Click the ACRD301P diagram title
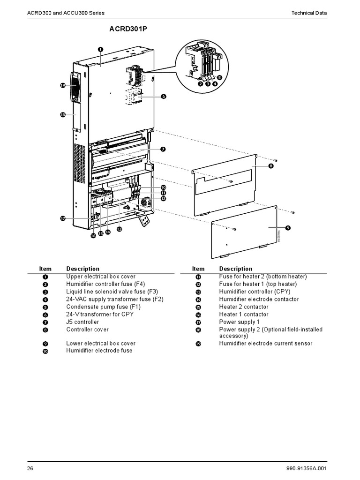click(125, 29)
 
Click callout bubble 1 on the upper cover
click(101, 49)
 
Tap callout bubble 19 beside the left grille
click(62, 85)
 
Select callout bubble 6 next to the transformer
click(164, 96)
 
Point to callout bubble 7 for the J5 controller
click(163, 149)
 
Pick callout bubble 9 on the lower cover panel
click(288, 227)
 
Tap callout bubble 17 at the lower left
click(62, 218)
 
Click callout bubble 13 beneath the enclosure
click(119, 229)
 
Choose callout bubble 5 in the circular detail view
click(220, 78)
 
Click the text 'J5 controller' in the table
click(82, 322)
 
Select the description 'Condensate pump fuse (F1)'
click(97, 307)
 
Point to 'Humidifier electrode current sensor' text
click(266, 344)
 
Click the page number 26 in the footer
click(30, 469)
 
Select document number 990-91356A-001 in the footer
click(313, 469)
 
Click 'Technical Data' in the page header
click(309, 13)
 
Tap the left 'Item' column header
click(45, 269)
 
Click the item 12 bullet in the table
click(198, 284)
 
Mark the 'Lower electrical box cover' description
click(101, 344)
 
